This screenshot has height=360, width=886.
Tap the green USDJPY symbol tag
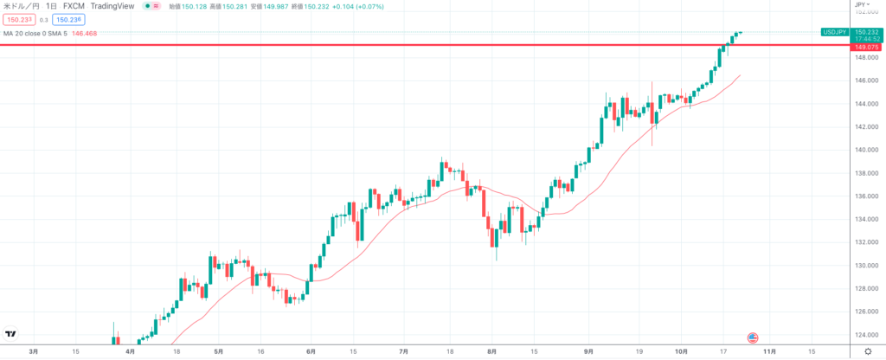835,31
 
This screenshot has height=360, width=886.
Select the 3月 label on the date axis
34,352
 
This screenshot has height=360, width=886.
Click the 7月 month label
403,352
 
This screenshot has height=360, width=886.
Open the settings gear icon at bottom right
866,352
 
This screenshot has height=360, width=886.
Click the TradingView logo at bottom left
12,333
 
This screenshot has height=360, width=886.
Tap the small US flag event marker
753,337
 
